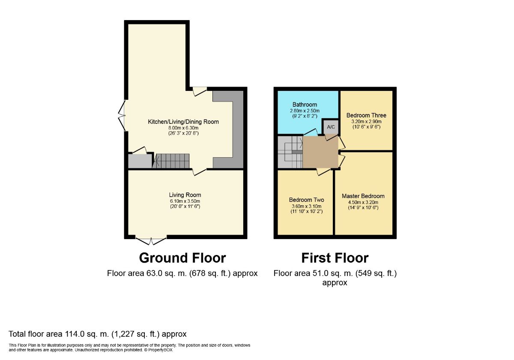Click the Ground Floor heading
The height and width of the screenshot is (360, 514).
tap(182, 258)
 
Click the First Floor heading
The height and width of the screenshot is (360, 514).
tap(335, 258)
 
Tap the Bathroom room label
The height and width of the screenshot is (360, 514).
tap(305, 105)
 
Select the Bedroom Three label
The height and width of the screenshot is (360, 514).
tap(366, 115)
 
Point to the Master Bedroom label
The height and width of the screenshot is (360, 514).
tap(363, 196)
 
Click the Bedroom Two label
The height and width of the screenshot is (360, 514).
tap(306, 200)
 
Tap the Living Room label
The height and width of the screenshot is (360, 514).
tap(185, 195)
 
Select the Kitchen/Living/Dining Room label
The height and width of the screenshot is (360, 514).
tap(183, 122)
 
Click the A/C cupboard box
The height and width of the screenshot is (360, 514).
tap(330, 127)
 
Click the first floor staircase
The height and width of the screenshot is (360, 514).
tap(290, 152)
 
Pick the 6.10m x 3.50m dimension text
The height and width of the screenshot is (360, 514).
tap(185, 201)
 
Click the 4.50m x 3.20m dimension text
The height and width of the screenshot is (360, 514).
tap(363, 202)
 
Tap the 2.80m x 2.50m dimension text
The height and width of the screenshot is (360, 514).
tap(305, 111)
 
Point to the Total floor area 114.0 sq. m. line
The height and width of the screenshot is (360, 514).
tap(98, 333)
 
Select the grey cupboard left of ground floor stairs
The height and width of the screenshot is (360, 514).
tap(140, 162)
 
